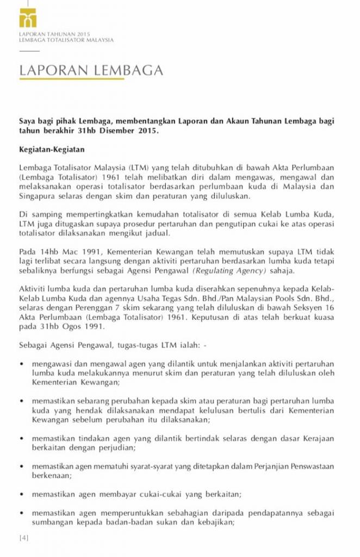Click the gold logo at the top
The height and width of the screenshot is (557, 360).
pos(28,18)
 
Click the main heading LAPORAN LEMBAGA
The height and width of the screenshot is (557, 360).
pos(91,71)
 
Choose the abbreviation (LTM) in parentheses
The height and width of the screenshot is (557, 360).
pos(138,166)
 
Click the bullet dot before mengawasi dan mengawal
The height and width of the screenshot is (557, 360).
pos(21,363)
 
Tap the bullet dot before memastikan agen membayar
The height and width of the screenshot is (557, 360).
pos(21,494)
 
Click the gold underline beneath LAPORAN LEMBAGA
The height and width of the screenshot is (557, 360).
pos(72,80)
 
